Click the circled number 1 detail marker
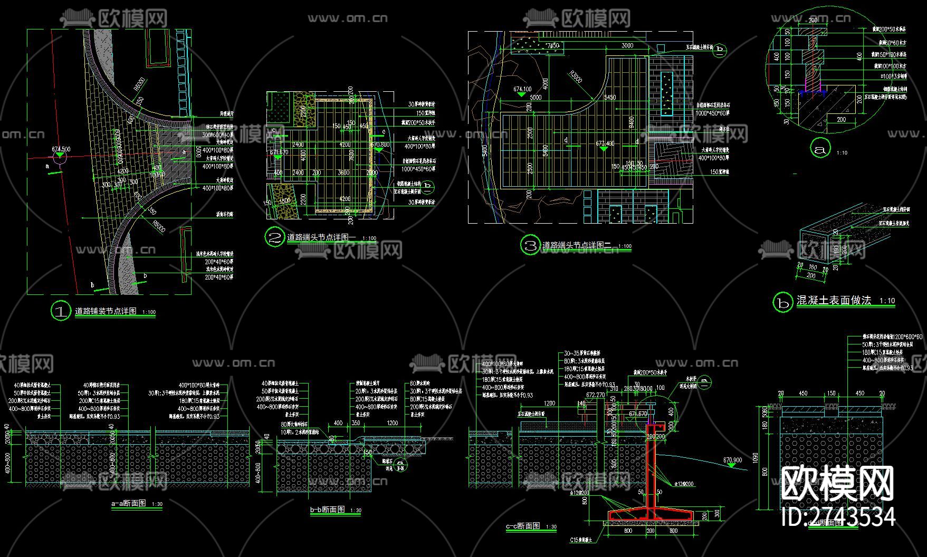(x=61, y=311)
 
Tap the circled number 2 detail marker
(x=274, y=238)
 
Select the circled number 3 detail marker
(x=530, y=245)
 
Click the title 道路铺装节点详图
(x=106, y=311)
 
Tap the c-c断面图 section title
(x=523, y=526)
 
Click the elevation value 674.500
(x=61, y=149)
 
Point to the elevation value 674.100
(x=522, y=89)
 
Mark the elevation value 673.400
(x=605, y=143)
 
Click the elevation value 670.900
(x=732, y=460)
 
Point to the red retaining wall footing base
(x=650, y=513)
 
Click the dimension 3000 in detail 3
(x=627, y=46)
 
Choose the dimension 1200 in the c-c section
(x=549, y=404)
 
